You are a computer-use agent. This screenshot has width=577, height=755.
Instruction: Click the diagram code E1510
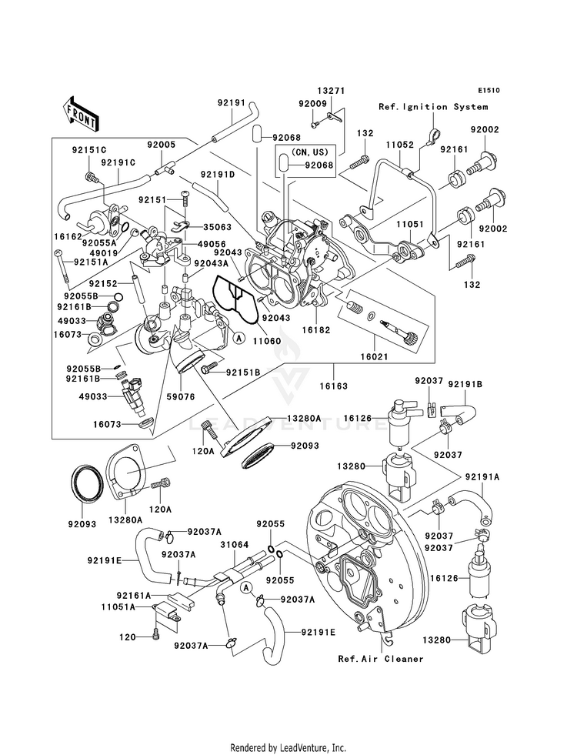coord(487,90)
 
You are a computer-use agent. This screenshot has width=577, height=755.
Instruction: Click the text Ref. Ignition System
coord(432,107)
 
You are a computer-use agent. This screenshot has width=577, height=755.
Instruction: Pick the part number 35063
coord(218,228)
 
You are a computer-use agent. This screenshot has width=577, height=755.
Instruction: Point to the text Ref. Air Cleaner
coord(381,659)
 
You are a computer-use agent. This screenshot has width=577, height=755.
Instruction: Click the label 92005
coord(162,144)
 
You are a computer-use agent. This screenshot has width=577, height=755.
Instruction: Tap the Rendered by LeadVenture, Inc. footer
coord(288,747)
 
